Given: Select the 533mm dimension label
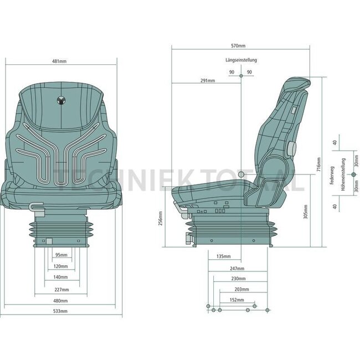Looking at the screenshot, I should click(61, 311).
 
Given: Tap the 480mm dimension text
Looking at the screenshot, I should click(61, 301).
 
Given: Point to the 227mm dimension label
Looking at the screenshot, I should click(61, 290).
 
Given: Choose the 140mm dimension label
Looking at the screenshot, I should click(61, 276).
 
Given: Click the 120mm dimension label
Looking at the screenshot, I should click(61, 266).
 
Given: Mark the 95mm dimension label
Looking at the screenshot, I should click(61, 255).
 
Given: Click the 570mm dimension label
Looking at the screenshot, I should click(240, 47).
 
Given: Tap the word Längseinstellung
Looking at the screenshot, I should click(241, 60).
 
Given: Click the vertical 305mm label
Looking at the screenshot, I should click(306, 212).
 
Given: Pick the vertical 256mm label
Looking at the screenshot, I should click(160, 219).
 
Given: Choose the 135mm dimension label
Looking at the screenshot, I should click(223, 256).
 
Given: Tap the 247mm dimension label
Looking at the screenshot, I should click(239, 268).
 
